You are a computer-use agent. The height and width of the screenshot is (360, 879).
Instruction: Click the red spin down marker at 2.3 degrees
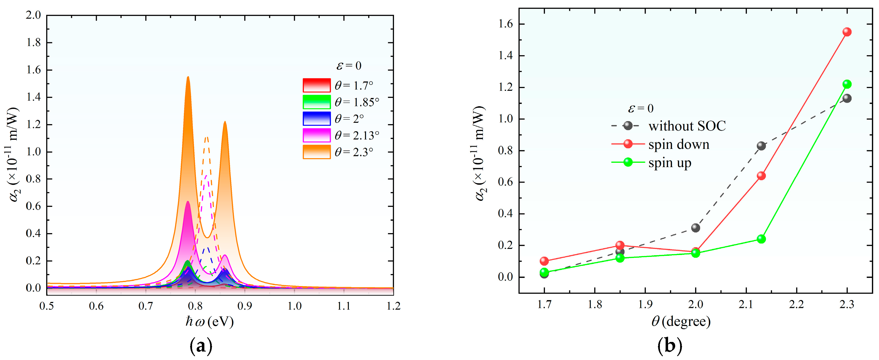tap(847, 32)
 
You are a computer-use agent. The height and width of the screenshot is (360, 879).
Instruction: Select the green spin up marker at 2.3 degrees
tap(847, 84)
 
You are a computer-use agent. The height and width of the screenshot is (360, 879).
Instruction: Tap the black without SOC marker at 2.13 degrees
tap(761, 146)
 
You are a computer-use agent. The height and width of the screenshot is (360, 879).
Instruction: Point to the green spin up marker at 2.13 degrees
tap(761, 239)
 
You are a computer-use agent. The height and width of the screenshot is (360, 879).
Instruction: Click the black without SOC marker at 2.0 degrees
tap(695, 228)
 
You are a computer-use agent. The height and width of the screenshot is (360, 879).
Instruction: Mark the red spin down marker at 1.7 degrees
tap(544, 261)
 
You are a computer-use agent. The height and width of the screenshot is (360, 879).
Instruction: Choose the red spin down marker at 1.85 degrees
tap(620, 245)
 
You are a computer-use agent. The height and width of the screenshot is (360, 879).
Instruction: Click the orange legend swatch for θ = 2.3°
tap(316, 152)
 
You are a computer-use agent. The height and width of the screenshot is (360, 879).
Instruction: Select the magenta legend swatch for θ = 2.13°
tap(316, 135)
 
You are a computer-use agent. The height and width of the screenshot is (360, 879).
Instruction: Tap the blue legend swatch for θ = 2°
tap(316, 118)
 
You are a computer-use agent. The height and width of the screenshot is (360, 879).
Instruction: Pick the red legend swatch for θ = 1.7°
tap(316, 85)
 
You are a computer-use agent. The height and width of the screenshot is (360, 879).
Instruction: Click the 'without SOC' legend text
tap(687, 126)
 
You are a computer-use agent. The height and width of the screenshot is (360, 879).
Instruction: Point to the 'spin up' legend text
tap(669, 163)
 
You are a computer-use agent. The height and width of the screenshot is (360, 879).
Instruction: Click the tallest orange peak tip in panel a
tap(188, 77)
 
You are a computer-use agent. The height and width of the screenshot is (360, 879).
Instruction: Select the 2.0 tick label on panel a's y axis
tap(33, 15)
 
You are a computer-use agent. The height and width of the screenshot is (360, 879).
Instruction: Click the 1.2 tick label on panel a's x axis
tap(393, 306)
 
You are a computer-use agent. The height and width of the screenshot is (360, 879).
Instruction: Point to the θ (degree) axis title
tap(681, 321)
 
